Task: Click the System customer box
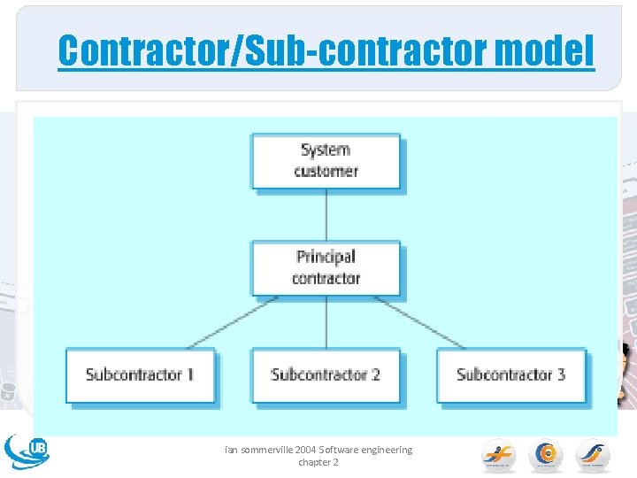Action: click(326, 160)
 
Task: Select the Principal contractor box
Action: click(326, 267)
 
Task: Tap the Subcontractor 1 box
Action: click(140, 374)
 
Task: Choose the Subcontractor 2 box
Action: click(326, 374)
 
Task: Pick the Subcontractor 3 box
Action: click(511, 374)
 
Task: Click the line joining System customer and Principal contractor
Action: click(326, 214)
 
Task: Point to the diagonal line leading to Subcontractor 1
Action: click(232, 322)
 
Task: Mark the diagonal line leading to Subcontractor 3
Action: click(420, 322)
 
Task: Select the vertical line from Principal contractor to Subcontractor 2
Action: click(326, 321)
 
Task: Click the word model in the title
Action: click(545, 51)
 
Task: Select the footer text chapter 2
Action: click(318, 462)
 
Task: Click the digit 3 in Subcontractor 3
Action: click(560, 374)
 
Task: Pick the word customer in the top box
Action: click(326, 171)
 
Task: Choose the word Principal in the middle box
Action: click(326, 257)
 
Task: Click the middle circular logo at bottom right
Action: click(546, 455)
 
